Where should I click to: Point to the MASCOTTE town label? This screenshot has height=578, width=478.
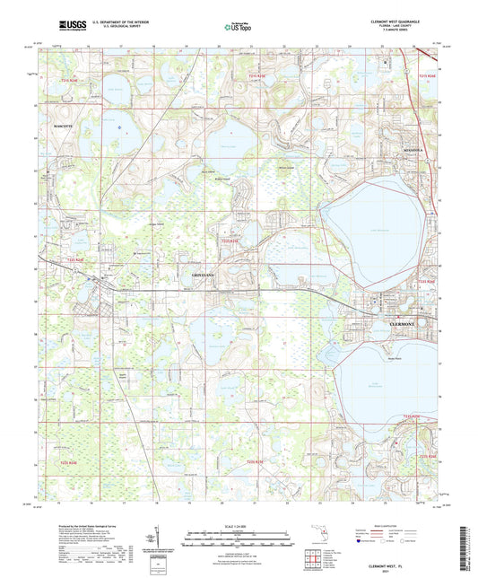click(68, 126)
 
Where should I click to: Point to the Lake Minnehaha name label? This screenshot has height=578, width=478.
click(383, 381)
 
